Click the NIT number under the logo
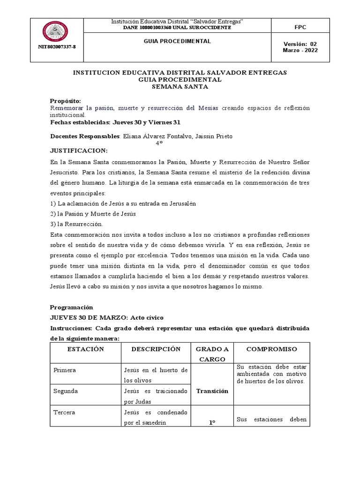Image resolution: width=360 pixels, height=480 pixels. pyautogui.click(x=56, y=47)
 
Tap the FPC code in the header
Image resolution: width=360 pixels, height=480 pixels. pyautogui.click(x=300, y=27)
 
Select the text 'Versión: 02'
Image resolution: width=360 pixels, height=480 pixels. pyautogui.click(x=300, y=44)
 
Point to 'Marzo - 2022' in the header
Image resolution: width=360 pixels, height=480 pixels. pyautogui.click(x=300, y=51)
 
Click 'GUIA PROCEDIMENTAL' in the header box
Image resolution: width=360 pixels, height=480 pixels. pyautogui.click(x=177, y=41)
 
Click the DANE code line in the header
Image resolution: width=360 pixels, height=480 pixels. pyautogui.click(x=177, y=28)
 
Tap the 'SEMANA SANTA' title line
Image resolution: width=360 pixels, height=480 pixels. pyautogui.click(x=180, y=87)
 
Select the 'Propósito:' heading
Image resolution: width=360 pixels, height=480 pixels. pyautogui.click(x=66, y=101)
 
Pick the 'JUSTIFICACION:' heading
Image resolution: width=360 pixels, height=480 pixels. pyautogui.click(x=79, y=151)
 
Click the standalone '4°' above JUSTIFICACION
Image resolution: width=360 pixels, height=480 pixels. pyautogui.click(x=159, y=143)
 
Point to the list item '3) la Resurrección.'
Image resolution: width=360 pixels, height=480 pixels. pyautogui.click(x=76, y=224)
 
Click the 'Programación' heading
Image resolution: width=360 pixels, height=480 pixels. pyautogui.click(x=72, y=307)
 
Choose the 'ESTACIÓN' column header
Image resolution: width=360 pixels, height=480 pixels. pyautogui.click(x=85, y=349)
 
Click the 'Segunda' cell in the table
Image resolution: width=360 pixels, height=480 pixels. pyautogui.click(x=66, y=391)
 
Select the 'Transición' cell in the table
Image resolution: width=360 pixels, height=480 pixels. pyautogui.click(x=212, y=391)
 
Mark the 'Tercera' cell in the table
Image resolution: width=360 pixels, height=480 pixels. pyautogui.click(x=65, y=412)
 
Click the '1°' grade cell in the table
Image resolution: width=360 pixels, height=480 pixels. pyautogui.click(x=212, y=422)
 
